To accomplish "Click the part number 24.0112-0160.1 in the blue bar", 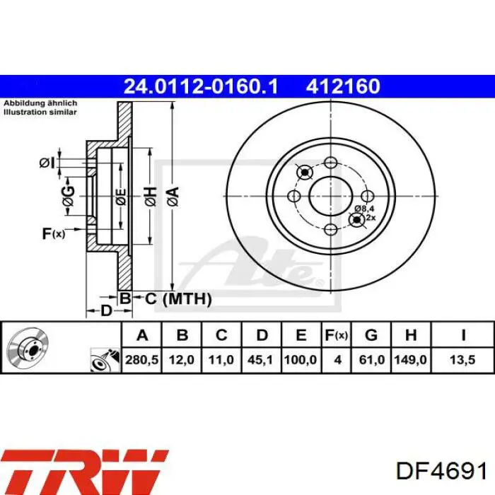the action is [x=201, y=86].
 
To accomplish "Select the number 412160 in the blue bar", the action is [x=343, y=86].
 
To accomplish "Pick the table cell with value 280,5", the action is [x=141, y=360].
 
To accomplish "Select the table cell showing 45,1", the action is [x=261, y=360].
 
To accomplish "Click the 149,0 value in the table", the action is [x=410, y=360].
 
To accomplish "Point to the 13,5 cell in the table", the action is [x=462, y=360].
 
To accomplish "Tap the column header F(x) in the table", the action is [x=336, y=335].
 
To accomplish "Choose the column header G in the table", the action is [x=371, y=335].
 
